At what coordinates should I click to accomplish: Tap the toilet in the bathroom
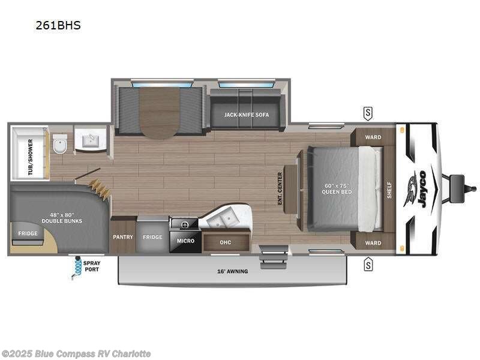pyautogui.click(x=59, y=144)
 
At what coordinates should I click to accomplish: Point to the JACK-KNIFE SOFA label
pyautogui.click(x=247, y=114)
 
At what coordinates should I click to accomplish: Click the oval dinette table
pyautogui.click(x=160, y=112)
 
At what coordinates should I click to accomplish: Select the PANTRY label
pyautogui.click(x=123, y=237)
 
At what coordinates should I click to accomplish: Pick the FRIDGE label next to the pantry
pyautogui.click(x=152, y=237)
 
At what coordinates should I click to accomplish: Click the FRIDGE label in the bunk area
pyautogui.click(x=28, y=233)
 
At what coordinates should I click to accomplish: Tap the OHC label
pyautogui.click(x=226, y=242)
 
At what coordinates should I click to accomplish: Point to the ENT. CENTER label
pyautogui.click(x=280, y=188)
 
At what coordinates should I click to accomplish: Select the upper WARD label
pyautogui.click(x=373, y=137)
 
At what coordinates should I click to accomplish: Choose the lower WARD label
pyautogui.click(x=373, y=243)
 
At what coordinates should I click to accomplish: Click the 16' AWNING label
pyautogui.click(x=232, y=271)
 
